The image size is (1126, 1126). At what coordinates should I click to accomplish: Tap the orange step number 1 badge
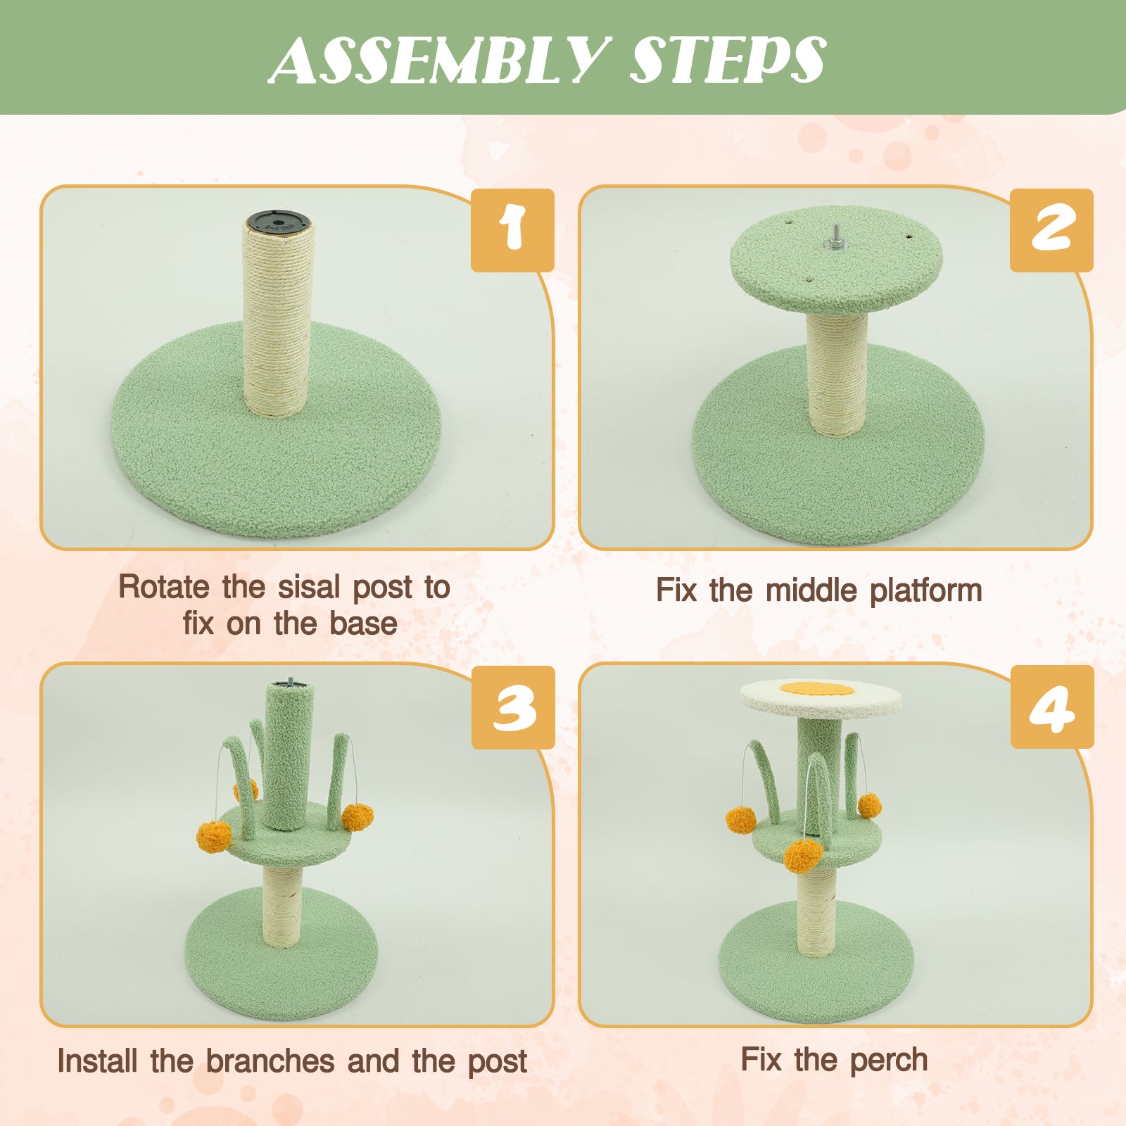pyautogui.click(x=512, y=229)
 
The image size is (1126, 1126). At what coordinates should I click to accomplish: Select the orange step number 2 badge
pyautogui.click(x=1051, y=229)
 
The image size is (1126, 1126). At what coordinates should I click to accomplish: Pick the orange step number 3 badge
pyautogui.click(x=513, y=707)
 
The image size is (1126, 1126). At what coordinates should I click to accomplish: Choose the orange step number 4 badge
pyautogui.click(x=1052, y=707)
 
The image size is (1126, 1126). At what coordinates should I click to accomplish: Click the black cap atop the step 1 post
pyautogui.click(x=278, y=222)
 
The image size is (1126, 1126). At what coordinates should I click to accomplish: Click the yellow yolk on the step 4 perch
pyautogui.click(x=817, y=688)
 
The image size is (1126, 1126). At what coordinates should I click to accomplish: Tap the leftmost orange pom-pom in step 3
pyautogui.click(x=214, y=835)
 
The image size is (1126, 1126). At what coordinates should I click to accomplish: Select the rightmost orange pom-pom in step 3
pyautogui.click(x=358, y=817)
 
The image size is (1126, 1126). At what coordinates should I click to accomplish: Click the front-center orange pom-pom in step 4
pyautogui.click(x=803, y=855)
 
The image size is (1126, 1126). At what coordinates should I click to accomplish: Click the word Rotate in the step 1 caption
pyautogui.click(x=164, y=587)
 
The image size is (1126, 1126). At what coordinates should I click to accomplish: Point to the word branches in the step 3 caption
pyautogui.click(x=270, y=1061)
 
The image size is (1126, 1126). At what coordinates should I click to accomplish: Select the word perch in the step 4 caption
pyautogui.click(x=889, y=1060)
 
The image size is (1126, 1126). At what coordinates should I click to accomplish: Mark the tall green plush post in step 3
pyautogui.click(x=286, y=760)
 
